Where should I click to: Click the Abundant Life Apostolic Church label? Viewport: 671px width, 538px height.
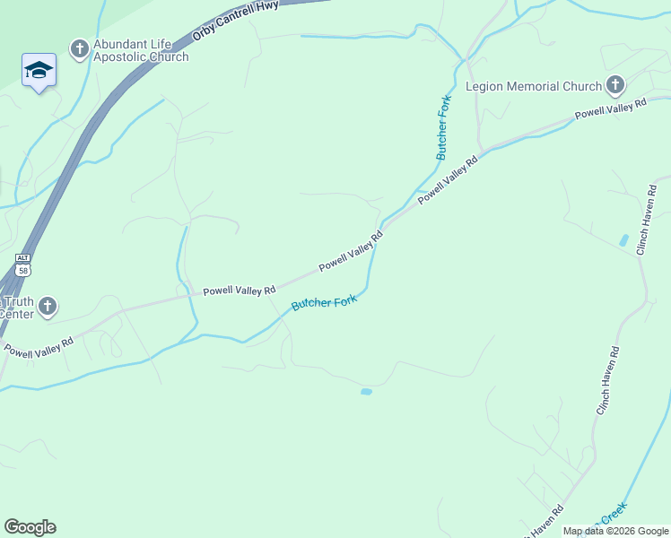coord(141,50)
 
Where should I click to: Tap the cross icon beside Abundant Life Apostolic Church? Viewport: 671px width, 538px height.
coord(79,48)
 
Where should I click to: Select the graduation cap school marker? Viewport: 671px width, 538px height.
coord(39,70)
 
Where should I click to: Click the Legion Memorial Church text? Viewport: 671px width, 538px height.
coord(533,87)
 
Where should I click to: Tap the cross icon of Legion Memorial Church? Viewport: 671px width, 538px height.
coord(614,86)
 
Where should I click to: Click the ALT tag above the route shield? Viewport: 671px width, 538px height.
coord(22,257)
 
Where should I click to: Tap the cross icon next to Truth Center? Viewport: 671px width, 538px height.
coord(48,307)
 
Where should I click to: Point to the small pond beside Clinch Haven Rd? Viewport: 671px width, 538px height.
coord(623,240)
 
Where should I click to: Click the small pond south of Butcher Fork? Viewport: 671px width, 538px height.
coord(366,392)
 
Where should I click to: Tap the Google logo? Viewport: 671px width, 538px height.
coord(30,527)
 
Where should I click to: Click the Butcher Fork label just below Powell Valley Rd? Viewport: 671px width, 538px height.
coord(324,304)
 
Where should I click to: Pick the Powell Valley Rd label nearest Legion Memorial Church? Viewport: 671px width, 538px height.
coord(610,110)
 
